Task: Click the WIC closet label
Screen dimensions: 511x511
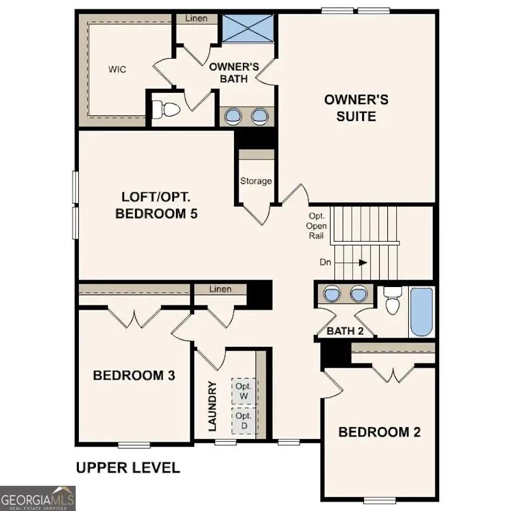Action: tap(117, 69)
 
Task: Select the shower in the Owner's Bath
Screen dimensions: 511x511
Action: tap(247, 27)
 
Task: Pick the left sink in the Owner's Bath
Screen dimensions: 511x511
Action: tap(233, 116)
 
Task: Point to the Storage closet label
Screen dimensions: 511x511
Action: tap(255, 181)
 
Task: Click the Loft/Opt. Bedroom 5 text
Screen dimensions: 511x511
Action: tap(156, 204)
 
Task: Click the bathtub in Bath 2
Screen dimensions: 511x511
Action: tap(421, 312)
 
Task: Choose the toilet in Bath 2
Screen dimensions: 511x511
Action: tap(392, 302)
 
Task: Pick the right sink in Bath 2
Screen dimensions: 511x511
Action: tap(358, 294)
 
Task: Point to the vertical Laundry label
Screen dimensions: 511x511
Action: tap(212, 406)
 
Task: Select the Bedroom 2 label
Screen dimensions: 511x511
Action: tap(379, 432)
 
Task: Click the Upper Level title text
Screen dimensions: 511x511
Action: tap(128, 468)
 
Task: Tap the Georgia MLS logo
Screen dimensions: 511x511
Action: tap(38, 498)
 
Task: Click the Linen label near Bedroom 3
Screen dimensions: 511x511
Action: tap(220, 289)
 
